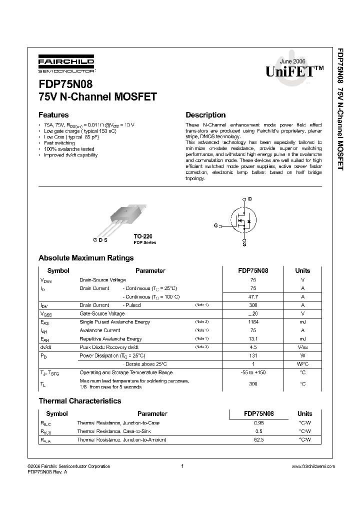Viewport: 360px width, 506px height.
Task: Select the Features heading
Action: coord(53,114)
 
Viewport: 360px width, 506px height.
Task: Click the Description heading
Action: coord(205,114)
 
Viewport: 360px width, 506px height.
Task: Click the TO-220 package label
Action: coord(142,235)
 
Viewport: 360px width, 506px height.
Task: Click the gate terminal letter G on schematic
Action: coord(215,226)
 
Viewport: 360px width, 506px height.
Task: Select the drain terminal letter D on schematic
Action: coord(250,199)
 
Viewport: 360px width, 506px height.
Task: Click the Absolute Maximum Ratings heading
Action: coord(86,258)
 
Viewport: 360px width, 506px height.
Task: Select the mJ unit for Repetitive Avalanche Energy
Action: coord(302,338)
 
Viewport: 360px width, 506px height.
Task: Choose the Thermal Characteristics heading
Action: coord(80,401)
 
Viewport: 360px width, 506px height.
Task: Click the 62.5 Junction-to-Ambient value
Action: coord(258,439)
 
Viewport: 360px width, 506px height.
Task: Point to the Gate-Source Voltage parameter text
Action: coord(102,313)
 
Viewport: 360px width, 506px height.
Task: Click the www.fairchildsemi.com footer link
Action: coord(312,466)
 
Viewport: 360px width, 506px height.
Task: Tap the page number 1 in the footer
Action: coord(182,466)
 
